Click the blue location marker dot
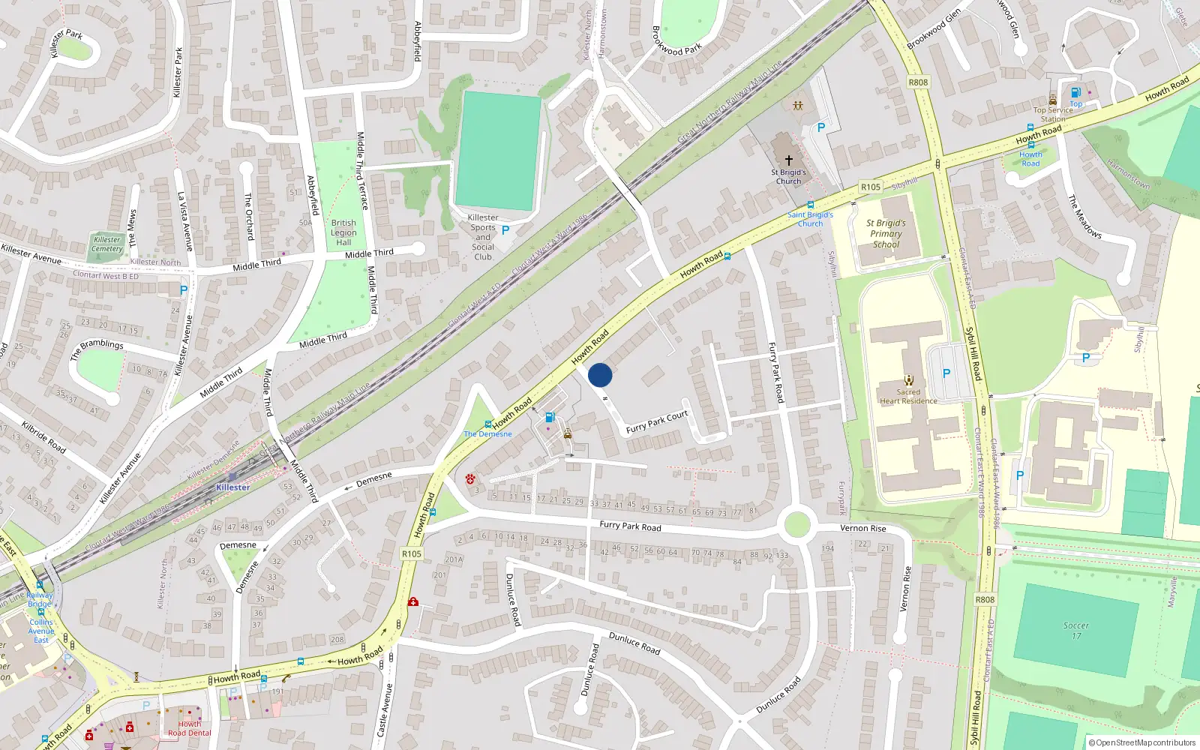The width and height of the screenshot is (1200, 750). click(600, 375)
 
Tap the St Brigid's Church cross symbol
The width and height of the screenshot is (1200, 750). click(788, 160)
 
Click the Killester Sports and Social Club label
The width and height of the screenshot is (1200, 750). click(483, 237)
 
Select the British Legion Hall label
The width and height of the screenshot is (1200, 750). click(343, 232)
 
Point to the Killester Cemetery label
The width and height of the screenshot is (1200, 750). click(107, 244)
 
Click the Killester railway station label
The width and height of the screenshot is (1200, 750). click(232, 487)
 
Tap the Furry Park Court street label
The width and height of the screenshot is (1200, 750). click(657, 422)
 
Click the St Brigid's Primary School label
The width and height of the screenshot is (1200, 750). click(886, 234)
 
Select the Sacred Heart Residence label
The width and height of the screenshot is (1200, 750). click(908, 397)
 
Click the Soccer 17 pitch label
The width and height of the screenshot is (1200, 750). click(1076, 631)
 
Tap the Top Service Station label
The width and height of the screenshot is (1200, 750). click(1053, 114)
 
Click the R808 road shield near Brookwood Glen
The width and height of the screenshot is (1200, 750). click(918, 82)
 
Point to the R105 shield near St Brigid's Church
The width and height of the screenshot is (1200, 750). click(870, 187)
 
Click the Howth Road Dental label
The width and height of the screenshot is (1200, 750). click(189, 728)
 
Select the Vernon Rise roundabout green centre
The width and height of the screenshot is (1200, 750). click(796, 524)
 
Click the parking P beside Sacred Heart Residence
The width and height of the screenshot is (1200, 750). click(946, 373)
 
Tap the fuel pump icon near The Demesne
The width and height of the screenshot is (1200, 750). click(550, 418)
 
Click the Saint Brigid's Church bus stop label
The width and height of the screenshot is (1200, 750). click(810, 219)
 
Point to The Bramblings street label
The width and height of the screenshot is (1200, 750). click(97, 349)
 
